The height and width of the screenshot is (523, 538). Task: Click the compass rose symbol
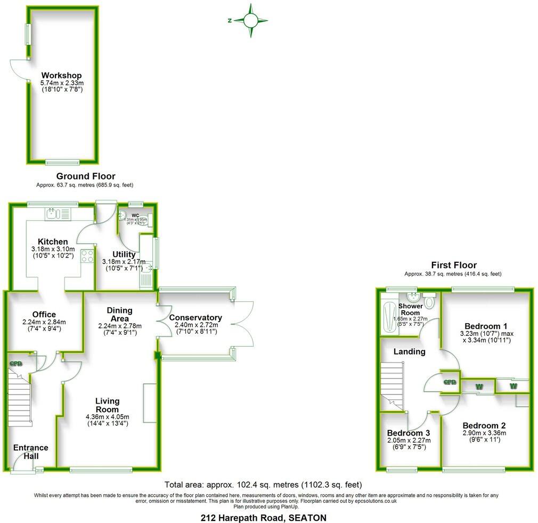coord(250,20)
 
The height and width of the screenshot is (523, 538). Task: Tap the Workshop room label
coord(61,75)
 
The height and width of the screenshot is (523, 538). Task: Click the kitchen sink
coord(52,214)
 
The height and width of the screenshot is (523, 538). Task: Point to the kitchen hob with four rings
coord(87,256)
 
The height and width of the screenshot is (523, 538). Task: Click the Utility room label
coord(124,254)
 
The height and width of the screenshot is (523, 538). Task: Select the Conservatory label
coord(195,318)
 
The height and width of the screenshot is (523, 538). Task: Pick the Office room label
coord(43,315)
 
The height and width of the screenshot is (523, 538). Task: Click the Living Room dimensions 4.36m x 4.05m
coord(107,416)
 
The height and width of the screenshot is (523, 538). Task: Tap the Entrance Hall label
coord(30,452)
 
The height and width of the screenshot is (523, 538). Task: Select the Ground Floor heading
coord(85,176)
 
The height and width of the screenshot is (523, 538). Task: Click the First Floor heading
coord(454,265)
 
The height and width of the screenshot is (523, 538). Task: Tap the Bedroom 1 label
coord(486,326)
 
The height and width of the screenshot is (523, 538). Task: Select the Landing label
coord(409,351)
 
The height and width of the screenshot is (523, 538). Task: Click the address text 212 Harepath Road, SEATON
coord(263,517)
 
